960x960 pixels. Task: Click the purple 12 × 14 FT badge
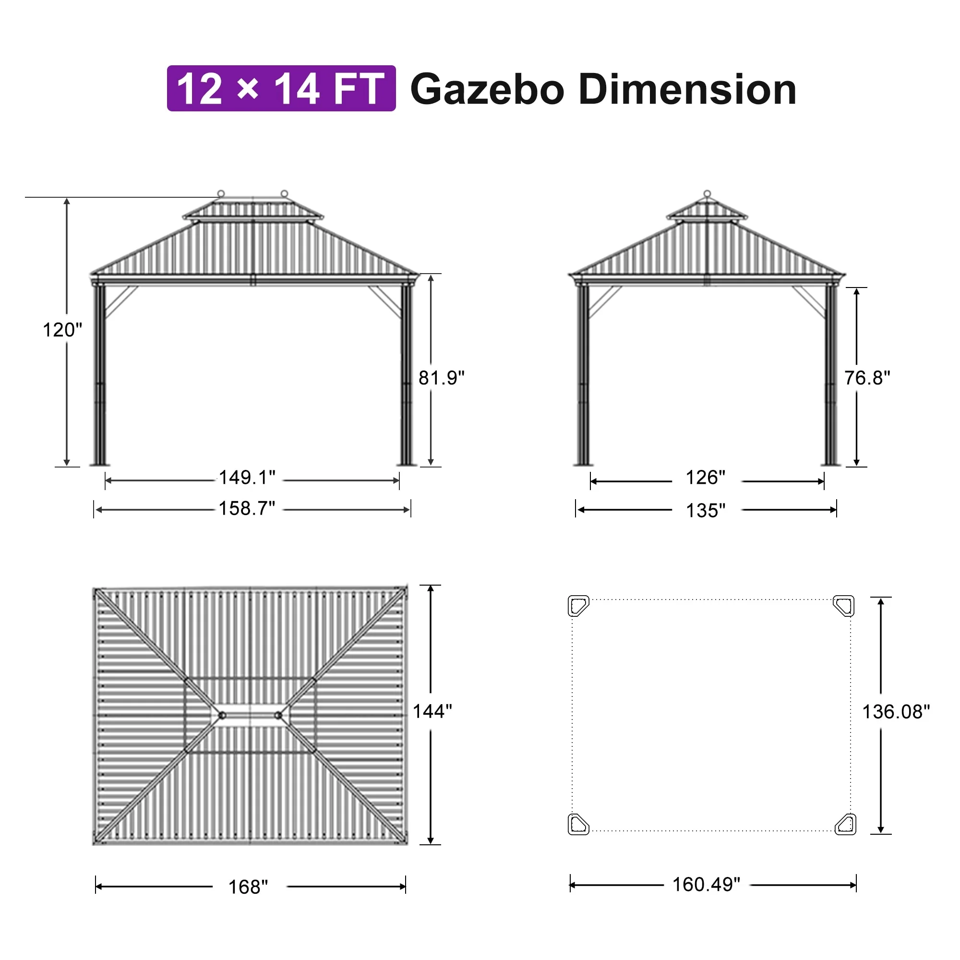click(x=281, y=88)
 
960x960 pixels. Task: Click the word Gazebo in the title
click(x=487, y=90)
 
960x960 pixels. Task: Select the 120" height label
click(x=62, y=330)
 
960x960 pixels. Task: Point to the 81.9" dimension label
click(x=441, y=378)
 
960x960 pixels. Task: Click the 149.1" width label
click(x=247, y=478)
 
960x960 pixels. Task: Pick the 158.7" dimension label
click(x=247, y=509)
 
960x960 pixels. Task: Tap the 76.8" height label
click(x=867, y=378)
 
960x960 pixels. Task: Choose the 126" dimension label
click(x=706, y=478)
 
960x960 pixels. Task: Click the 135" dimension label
click(x=706, y=510)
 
